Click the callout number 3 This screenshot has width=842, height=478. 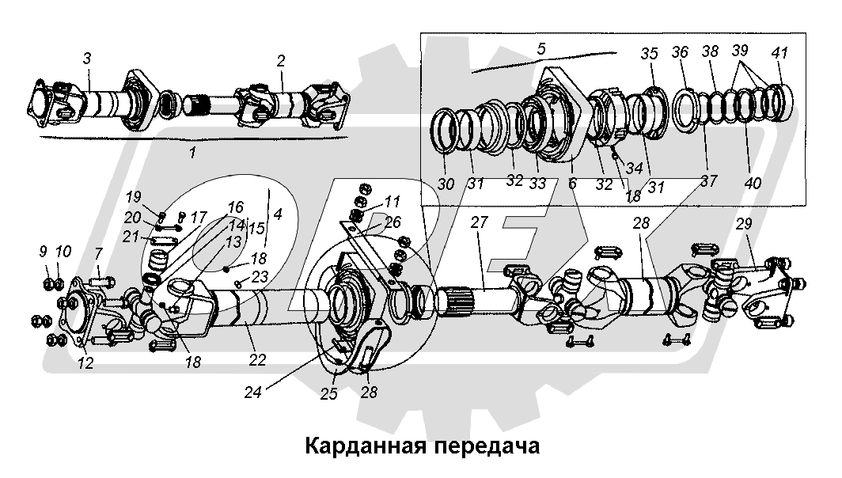[x=87, y=59]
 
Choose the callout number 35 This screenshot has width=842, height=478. [x=649, y=55]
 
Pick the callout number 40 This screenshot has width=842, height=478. [x=753, y=183]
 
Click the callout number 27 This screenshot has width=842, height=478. [x=480, y=224]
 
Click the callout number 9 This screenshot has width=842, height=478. [x=44, y=252]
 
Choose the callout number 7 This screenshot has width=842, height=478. [x=98, y=252]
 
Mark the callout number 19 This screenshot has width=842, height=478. [x=132, y=196]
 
